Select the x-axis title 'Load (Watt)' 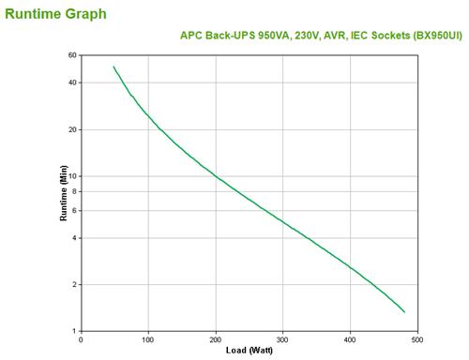coord(249,351)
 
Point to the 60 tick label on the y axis coord(72,55)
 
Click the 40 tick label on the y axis coord(72,82)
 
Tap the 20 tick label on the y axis coord(72,129)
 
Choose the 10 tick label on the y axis coord(72,176)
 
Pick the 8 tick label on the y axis coord(74,191)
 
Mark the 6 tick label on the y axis coord(74,210)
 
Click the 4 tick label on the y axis coord(74,238)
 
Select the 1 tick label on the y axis coord(74,331)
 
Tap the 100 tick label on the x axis coord(148,339)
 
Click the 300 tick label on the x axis coord(282,339)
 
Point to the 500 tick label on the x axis coord(417,339)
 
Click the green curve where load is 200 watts coord(216,176)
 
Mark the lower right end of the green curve coord(404,312)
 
